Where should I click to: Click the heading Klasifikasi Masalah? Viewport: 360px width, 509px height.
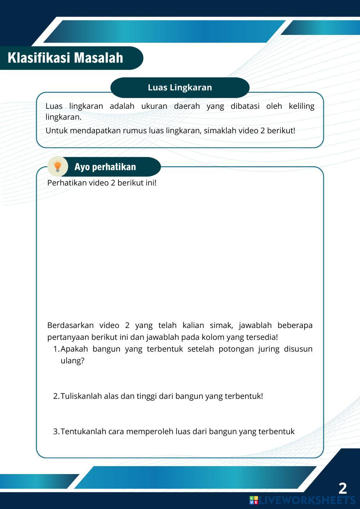(x=65, y=58)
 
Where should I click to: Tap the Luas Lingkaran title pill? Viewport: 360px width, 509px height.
(x=180, y=87)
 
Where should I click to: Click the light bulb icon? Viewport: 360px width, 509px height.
(x=58, y=166)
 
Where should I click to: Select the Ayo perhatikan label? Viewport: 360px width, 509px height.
(x=105, y=167)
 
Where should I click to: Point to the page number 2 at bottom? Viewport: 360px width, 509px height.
(x=342, y=488)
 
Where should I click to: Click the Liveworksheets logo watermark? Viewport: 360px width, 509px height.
(x=302, y=500)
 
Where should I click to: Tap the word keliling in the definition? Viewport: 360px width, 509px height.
(x=301, y=106)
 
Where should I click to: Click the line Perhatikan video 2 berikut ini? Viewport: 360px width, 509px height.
(x=102, y=183)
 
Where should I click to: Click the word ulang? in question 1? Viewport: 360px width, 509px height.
(x=72, y=361)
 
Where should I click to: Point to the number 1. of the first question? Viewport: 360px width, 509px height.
(x=56, y=349)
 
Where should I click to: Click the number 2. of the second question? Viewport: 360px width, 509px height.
(x=56, y=396)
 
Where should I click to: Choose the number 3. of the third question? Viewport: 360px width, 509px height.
(x=56, y=431)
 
